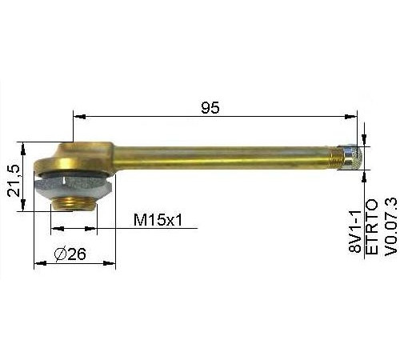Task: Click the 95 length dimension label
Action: click(x=210, y=107)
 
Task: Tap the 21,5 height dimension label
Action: click(x=14, y=181)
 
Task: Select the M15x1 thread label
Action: click(x=158, y=221)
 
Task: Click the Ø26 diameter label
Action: click(x=70, y=254)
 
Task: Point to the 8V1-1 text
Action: click(x=355, y=231)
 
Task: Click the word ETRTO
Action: click(x=372, y=227)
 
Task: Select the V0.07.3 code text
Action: click(x=390, y=227)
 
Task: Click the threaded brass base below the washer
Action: click(x=74, y=204)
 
